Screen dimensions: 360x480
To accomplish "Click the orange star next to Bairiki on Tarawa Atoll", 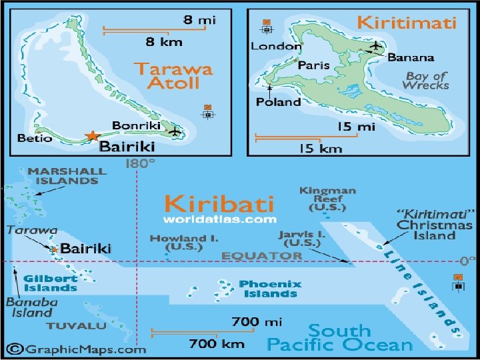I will coord(92,135).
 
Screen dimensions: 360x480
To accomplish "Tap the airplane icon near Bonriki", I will coord(175,131).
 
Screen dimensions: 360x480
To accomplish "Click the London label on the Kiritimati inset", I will coord(275,46).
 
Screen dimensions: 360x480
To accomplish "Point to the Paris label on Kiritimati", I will coord(313,65).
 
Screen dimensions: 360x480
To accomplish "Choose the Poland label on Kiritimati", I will coord(278,102).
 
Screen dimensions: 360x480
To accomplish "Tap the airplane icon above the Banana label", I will coord(376,45).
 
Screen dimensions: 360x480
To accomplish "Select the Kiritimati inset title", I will coord(406,23).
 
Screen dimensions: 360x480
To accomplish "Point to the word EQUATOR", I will coord(261,255).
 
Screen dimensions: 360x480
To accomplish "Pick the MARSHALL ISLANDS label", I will coord(67,175).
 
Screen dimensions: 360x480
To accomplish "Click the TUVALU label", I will coord(76,326).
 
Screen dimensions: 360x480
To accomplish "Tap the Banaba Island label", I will coord(30,307).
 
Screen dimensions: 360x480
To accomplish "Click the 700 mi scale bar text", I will coord(257,322).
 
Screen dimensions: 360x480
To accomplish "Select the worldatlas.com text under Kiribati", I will coord(220,219).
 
